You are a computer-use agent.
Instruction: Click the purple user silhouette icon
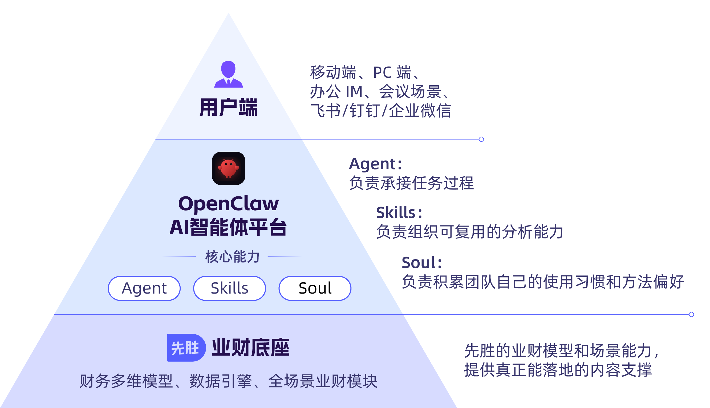click(x=228, y=74)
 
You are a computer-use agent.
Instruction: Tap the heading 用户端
click(x=228, y=107)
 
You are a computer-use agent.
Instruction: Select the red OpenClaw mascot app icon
click(x=228, y=168)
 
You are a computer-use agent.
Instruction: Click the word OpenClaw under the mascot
click(x=228, y=203)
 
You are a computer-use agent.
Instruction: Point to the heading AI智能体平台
click(x=228, y=227)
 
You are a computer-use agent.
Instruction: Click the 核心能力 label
click(x=232, y=257)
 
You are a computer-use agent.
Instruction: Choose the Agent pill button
click(x=144, y=288)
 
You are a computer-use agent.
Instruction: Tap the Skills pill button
click(x=229, y=288)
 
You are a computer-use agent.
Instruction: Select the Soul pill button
click(x=315, y=288)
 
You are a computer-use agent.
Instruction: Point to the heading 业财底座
click(x=250, y=348)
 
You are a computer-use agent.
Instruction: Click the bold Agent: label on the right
click(x=375, y=164)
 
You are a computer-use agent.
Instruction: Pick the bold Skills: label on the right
click(x=399, y=212)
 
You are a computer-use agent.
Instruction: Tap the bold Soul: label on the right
click(x=421, y=263)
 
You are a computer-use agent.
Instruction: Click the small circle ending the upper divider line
click(x=481, y=139)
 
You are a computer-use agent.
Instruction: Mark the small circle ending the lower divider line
click(x=691, y=314)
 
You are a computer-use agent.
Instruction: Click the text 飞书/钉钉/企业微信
click(x=380, y=111)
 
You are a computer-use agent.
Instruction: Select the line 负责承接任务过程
click(x=411, y=183)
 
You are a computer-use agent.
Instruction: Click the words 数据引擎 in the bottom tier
click(x=220, y=381)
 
